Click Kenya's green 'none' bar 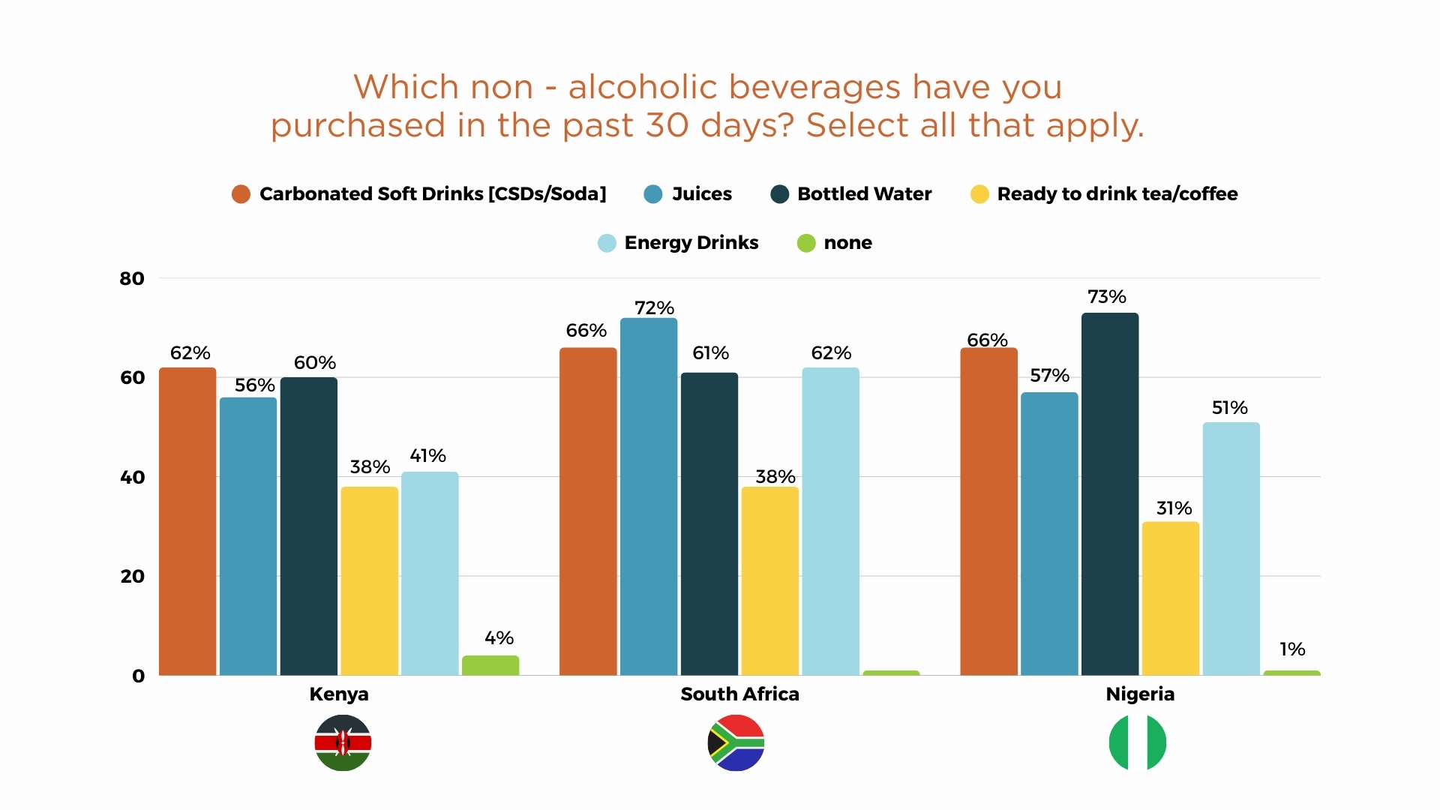coord(490,666)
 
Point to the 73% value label coord(1107,297)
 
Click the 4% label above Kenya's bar coord(499,638)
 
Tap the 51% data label coord(1230,408)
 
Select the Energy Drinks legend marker coord(607,243)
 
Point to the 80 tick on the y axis coord(132,279)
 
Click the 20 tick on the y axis coord(132,577)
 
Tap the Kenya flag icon coord(343,742)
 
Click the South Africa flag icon coord(736,742)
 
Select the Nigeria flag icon coord(1138,742)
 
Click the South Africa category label coord(739,694)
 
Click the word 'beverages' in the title coord(814,87)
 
